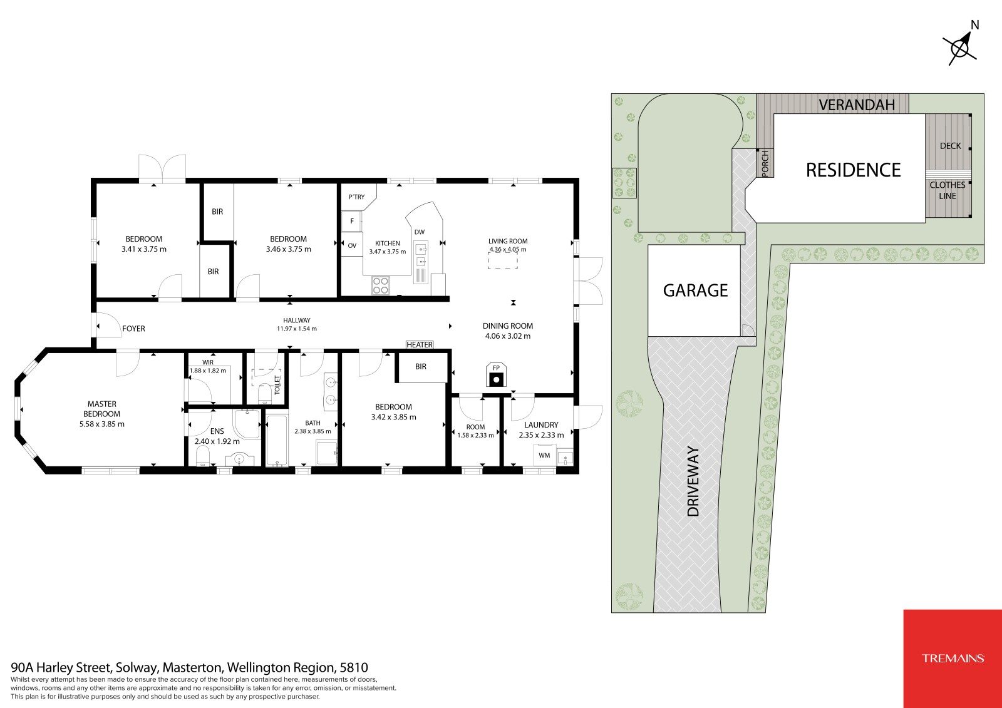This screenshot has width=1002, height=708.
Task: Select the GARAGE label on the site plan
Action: (x=695, y=290)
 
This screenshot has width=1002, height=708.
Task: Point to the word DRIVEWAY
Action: (x=693, y=481)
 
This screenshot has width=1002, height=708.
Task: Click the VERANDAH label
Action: (x=857, y=105)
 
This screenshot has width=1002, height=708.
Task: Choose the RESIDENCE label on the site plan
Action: (x=853, y=170)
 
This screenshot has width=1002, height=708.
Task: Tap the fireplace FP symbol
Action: (x=496, y=375)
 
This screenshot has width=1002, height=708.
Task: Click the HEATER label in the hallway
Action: (x=420, y=344)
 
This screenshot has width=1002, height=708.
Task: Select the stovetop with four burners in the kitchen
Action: (x=381, y=285)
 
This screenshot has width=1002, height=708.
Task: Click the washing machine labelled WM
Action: (x=545, y=455)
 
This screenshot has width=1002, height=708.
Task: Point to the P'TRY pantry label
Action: (x=356, y=197)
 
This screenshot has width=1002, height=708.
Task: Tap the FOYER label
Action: (x=133, y=328)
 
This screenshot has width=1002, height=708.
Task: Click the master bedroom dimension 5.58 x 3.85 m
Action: (x=102, y=424)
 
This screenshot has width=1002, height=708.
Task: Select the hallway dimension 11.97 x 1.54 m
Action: (x=297, y=328)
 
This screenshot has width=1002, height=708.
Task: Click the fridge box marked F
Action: (x=352, y=221)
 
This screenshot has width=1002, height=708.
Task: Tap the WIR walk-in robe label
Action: (x=207, y=362)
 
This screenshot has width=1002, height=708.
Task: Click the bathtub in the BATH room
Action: (x=277, y=441)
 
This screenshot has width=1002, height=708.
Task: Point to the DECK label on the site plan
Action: (x=951, y=146)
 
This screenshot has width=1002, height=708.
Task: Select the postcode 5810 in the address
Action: (x=354, y=668)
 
